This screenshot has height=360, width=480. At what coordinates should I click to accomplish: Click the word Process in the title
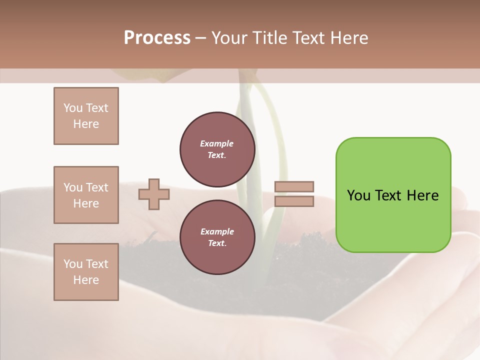point(157,38)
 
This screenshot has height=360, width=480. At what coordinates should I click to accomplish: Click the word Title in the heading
point(272,38)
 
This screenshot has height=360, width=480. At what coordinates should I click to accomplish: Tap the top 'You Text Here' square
point(86,116)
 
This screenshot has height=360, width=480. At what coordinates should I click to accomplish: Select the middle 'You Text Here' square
point(86,195)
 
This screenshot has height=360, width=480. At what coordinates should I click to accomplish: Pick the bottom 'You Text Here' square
point(86,272)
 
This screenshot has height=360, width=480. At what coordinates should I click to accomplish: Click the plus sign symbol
point(153,194)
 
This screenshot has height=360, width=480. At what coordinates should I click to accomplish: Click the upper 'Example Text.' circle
point(217,149)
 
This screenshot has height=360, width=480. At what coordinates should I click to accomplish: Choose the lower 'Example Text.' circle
point(217,237)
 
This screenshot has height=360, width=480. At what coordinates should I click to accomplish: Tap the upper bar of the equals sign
point(294,187)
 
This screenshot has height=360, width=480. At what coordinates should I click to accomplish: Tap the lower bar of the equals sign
point(294,201)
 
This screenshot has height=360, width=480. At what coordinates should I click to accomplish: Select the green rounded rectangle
point(393,220)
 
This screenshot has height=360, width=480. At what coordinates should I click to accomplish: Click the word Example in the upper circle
point(216,143)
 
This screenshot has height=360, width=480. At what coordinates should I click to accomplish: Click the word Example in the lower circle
point(216,231)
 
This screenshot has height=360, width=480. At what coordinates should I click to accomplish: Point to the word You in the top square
point(73,108)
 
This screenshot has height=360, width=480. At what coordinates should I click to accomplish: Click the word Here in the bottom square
point(86,280)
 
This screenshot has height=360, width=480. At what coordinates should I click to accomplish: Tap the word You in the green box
point(358,195)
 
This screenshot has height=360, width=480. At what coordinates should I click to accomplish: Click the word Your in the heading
point(230,38)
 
